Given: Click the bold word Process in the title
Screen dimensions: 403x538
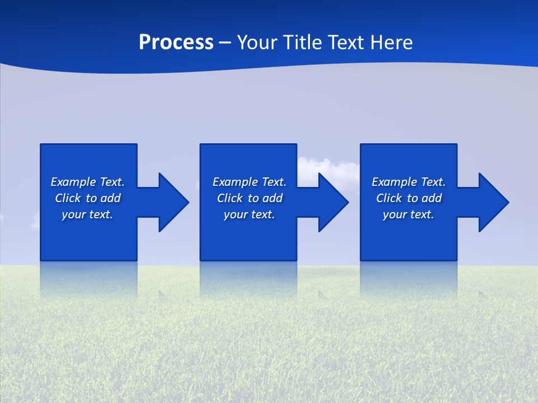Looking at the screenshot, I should point(176,43).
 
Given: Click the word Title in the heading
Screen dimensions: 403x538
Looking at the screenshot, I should point(303,43).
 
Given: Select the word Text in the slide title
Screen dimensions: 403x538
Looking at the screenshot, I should point(345,43).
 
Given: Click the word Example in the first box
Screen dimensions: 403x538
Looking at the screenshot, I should point(73,182).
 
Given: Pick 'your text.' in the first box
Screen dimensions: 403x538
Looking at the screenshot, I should point(87,214).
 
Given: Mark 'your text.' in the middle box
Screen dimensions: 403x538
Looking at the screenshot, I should point(249,214).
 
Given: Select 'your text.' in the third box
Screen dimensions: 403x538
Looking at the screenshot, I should point(409,214).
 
